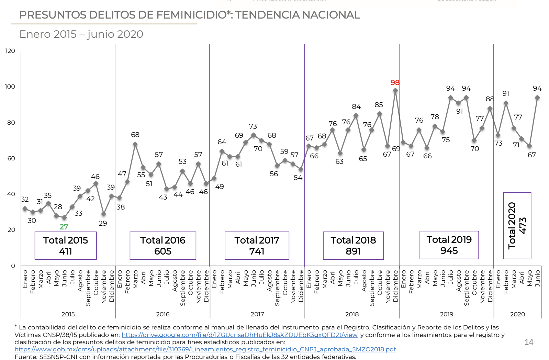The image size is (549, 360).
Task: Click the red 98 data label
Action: pos(395,82)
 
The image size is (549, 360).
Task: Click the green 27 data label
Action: pos(64,227)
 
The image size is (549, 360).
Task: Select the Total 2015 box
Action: pos(66,246)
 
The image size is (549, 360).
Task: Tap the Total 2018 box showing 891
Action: pos(353,246)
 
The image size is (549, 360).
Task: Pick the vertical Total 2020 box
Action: pos(517,225)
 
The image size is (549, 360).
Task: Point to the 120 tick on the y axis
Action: pos(10,51)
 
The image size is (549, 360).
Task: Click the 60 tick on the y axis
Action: pos(11,158)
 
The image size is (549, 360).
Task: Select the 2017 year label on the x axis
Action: pos(257,314)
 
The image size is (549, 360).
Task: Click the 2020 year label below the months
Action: pos(517,314)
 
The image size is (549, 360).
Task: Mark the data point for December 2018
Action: pos(395,90)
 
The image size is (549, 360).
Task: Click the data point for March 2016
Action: pos(135,144)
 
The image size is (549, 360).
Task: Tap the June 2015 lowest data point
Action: pos(64,218)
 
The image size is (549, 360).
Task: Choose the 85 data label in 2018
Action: pos(379,105)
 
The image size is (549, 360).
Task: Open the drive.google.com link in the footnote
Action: pos(239,335)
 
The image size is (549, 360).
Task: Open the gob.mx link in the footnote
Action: pos(205,349)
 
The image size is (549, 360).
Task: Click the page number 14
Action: pos(529,342)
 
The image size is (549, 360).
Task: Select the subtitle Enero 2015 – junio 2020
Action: pos(81,34)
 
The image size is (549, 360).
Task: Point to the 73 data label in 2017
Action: pos(253,126)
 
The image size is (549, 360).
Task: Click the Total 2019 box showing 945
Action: pos(449,245)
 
